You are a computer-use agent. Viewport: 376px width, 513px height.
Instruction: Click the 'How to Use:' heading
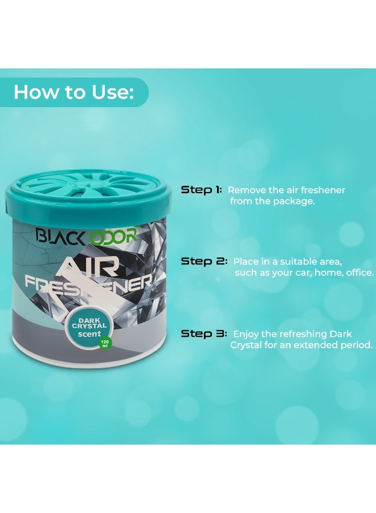[x=74, y=92]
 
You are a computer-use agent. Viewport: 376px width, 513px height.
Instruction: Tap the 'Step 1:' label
[x=202, y=190]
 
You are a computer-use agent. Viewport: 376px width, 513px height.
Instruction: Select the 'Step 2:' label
[x=204, y=261]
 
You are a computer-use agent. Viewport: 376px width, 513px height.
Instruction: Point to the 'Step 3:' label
[x=204, y=333]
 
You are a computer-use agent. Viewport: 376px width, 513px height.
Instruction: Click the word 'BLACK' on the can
[x=62, y=235]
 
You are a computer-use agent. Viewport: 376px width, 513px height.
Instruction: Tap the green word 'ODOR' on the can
[x=113, y=235]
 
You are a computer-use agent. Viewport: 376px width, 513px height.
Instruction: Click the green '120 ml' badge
[x=105, y=344]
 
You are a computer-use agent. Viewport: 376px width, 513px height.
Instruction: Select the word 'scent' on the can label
[x=89, y=334]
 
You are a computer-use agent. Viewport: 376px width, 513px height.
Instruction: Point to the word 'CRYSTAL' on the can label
[x=85, y=326]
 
